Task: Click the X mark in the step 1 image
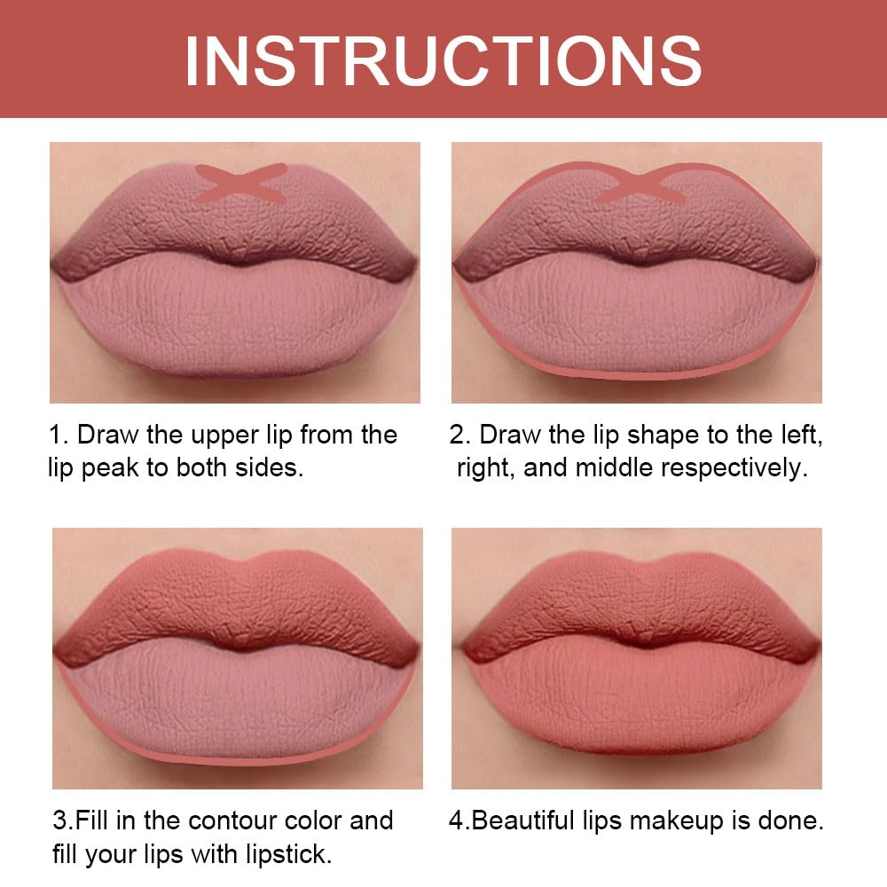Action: click(240, 181)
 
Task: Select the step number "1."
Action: click(59, 436)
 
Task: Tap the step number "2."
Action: click(460, 436)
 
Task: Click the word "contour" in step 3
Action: click(214, 821)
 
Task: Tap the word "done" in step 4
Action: click(793, 821)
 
